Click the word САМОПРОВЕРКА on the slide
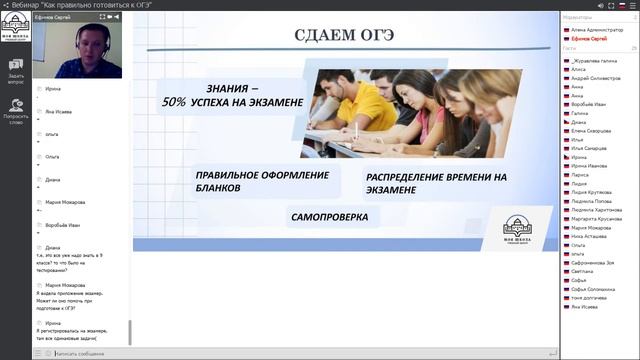[329, 216]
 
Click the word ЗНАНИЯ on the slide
[226, 87]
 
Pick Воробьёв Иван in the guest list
[591, 104]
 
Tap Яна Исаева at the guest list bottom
[586, 306]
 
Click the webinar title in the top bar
[70, 5]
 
